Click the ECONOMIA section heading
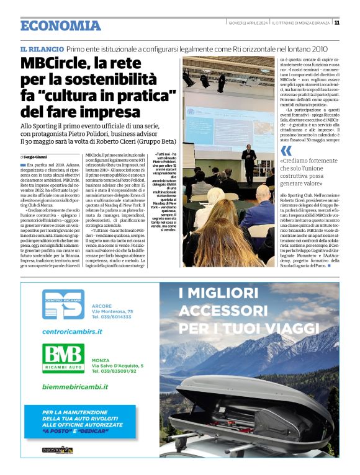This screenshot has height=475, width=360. [x=60, y=25]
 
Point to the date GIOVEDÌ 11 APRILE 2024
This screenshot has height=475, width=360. [x=248, y=22]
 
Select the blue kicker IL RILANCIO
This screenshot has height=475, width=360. [x=42, y=48]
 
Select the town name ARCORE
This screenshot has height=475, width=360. [x=101, y=306]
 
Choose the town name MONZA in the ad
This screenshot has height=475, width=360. [x=101, y=360]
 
